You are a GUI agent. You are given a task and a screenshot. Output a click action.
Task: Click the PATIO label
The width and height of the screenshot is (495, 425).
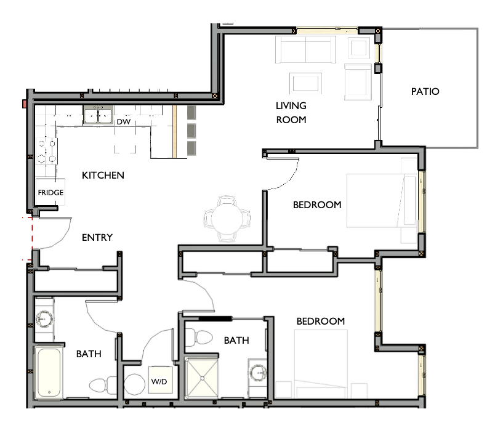(425, 92)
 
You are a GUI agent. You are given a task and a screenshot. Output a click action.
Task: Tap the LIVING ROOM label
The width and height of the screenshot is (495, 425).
(291, 113)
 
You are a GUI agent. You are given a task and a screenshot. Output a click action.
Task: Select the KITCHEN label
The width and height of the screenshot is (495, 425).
(103, 176)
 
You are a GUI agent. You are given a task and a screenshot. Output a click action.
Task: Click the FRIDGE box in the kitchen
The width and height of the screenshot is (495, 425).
(50, 193)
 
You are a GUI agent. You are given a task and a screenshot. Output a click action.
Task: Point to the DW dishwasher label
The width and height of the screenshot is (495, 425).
(123, 122)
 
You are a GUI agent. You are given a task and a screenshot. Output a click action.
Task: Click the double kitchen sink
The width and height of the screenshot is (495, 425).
(98, 115)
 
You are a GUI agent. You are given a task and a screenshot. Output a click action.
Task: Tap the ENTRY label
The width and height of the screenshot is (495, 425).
(97, 238)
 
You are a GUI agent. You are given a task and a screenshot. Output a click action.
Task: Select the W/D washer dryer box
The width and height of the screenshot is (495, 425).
(158, 382)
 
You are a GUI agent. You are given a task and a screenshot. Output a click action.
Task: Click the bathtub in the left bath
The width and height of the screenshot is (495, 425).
(48, 373)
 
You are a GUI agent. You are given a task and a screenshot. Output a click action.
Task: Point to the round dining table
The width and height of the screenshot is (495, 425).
(227, 218)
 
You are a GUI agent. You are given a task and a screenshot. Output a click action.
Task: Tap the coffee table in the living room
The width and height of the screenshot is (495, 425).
(305, 83)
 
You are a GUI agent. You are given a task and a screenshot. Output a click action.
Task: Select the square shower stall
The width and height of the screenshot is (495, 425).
(202, 379)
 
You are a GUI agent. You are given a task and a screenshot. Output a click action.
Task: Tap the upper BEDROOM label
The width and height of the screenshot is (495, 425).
(316, 205)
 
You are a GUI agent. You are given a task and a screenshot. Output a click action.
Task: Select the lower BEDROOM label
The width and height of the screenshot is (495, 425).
(320, 322)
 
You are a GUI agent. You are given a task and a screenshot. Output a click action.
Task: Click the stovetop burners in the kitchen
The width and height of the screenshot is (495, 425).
(47, 150)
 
